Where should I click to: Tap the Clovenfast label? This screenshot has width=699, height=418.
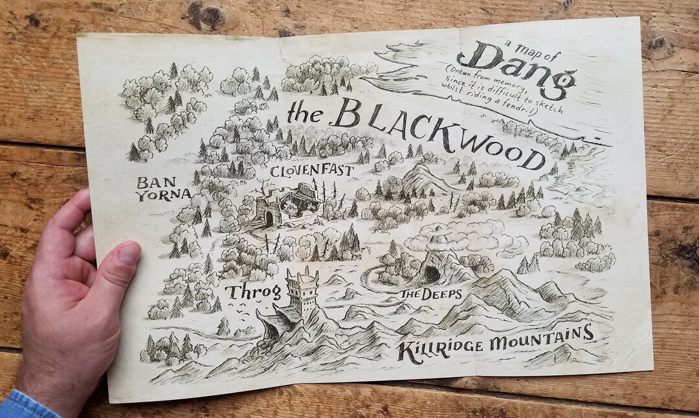coord(311,172)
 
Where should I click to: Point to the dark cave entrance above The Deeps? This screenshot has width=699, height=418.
coord(430,273)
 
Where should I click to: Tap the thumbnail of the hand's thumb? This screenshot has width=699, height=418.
coord(129,253)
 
